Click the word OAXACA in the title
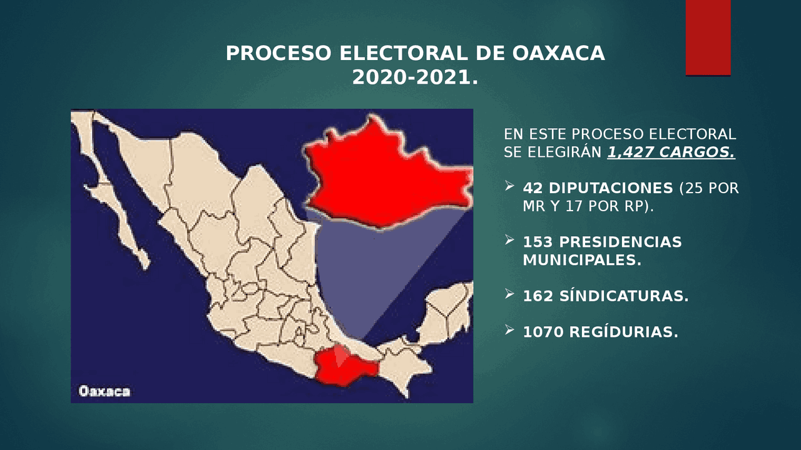[x=558, y=54]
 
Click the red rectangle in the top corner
[x=708, y=37]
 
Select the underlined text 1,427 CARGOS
[x=671, y=152]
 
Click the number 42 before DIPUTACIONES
[x=533, y=188]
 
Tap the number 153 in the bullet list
[x=538, y=242]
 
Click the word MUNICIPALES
[x=582, y=260]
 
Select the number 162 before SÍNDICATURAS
[x=538, y=296]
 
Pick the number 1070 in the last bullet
[x=543, y=332]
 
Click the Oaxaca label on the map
[x=105, y=392]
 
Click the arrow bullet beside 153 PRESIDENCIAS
[x=509, y=240]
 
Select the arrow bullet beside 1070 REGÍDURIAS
[x=509, y=330]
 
